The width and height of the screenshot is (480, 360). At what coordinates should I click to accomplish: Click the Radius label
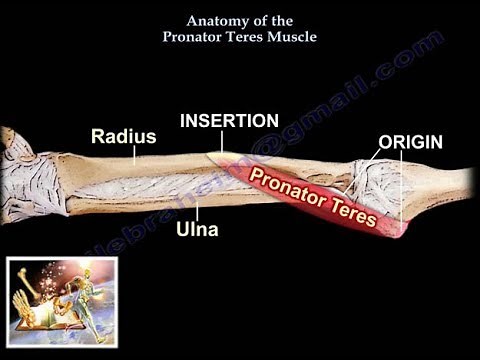coord(123,136)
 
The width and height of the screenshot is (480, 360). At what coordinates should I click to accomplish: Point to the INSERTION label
coord(229,120)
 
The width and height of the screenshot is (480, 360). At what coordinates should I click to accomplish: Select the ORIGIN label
coord(410,141)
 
